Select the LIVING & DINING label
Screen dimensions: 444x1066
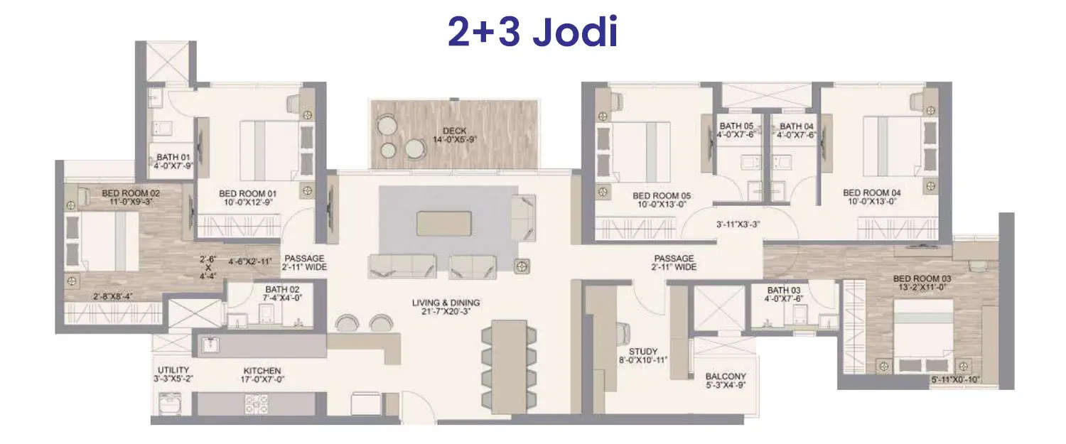pos(446,303)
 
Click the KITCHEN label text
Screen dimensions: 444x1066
pos(262,371)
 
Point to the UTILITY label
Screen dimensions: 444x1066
pos(173,370)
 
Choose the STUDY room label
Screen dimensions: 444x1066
pos(642,352)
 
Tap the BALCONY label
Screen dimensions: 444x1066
pos(725,377)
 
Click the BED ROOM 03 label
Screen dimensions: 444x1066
pos(922,278)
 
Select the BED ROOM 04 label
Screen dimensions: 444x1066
pos(871,193)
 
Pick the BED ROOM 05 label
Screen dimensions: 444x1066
pos(661,195)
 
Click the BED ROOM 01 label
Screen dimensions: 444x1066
pos(247,193)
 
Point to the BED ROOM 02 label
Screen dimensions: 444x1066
pos(130,193)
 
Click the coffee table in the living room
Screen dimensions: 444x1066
pos(443,222)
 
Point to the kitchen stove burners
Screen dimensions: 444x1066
pos(256,404)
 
